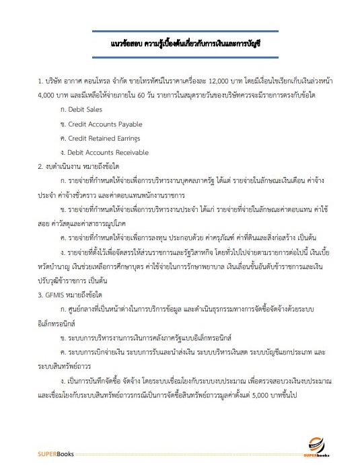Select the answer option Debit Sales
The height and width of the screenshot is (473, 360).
coord(83,108)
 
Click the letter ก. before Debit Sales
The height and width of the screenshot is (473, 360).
coord(63,108)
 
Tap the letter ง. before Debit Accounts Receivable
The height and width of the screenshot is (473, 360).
coord(63,153)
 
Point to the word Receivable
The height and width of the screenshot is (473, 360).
coord(131,153)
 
